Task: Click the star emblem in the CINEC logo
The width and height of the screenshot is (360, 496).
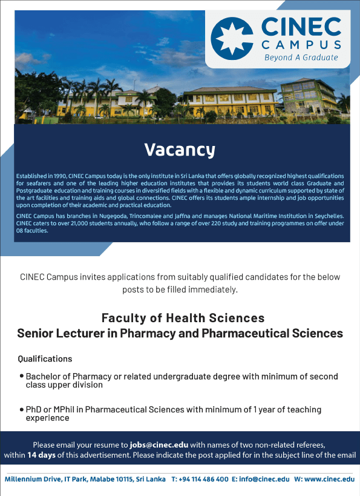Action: point(232,39)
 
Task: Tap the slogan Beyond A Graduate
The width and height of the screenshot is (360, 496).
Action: point(301,58)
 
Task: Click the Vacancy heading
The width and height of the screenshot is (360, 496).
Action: point(180,150)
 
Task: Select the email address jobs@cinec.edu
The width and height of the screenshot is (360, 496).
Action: point(159,445)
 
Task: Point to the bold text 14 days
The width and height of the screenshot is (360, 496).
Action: point(41,455)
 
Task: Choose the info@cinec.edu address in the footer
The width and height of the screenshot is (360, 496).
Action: point(264,479)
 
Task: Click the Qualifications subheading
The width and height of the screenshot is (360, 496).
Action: point(45,359)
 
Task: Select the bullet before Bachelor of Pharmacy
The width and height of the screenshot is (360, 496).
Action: point(22,376)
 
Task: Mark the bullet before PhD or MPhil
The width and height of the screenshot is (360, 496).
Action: point(22,409)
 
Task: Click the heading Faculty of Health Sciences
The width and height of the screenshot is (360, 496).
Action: point(183,318)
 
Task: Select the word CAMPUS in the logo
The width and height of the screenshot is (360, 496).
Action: point(301,45)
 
